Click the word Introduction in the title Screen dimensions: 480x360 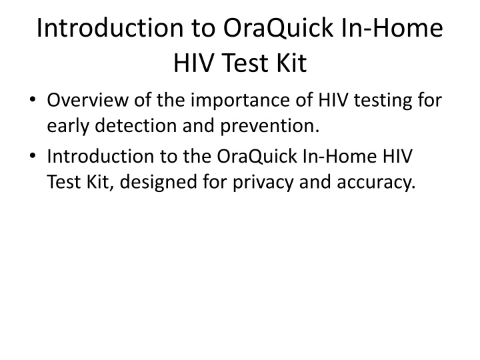tap(109, 28)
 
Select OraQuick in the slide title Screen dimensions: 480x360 tap(278, 29)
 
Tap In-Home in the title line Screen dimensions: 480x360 tap(391, 28)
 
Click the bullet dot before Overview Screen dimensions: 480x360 tap(33, 99)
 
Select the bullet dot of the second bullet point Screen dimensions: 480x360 tap(33, 156)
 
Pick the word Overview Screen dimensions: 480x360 tap(87, 100)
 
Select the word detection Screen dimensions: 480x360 tap(136, 125)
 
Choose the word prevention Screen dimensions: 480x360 tap(270, 127)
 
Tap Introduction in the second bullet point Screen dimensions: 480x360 tap(100, 157)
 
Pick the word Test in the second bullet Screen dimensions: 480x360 tap(63, 182)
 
